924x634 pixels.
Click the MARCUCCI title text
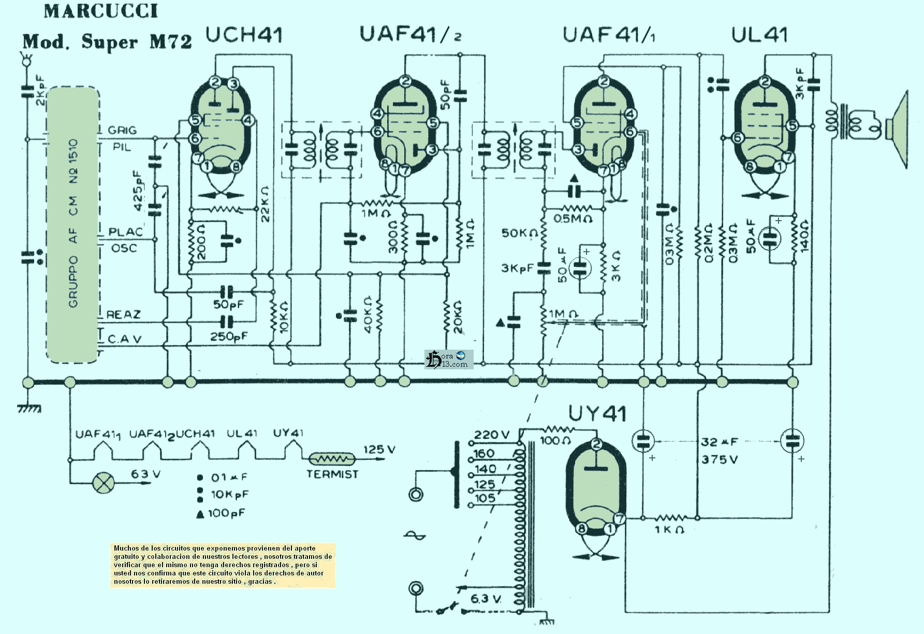101,11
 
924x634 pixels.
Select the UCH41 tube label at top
244,35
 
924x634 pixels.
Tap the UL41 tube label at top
759,35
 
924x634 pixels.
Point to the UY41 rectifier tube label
597,413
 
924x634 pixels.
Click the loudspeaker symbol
898,129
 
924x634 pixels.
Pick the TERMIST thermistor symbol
332,459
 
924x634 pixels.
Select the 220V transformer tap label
491,435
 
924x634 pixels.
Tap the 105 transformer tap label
485,498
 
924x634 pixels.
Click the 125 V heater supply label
379,449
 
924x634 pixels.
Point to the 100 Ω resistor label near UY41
555,441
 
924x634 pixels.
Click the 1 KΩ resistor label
669,529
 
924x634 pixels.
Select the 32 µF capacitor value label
719,442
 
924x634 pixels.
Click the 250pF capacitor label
229,337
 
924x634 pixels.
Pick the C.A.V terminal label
124,339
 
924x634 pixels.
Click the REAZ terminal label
123,314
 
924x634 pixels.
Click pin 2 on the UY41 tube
597,444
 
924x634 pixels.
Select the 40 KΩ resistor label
368,314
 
